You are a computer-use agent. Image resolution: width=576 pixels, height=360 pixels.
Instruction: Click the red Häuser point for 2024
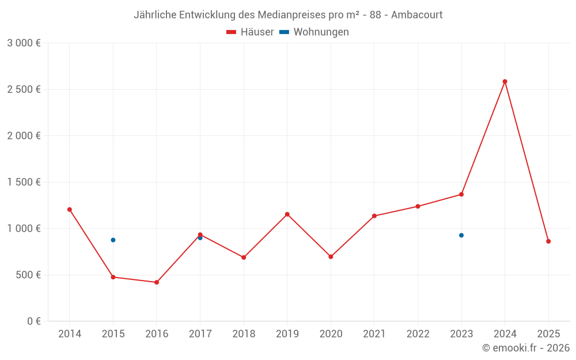click(505, 81)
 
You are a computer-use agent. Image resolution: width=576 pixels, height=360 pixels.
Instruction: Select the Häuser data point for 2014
click(70, 210)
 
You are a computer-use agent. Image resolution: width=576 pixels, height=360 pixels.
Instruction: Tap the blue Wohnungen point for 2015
click(113, 240)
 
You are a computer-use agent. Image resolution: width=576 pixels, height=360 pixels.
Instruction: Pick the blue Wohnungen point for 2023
click(461, 235)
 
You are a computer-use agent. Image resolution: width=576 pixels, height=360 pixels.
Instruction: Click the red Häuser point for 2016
click(157, 282)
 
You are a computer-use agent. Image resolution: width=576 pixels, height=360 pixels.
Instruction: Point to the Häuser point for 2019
click(287, 214)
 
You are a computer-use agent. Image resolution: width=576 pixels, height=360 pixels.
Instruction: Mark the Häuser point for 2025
click(548, 241)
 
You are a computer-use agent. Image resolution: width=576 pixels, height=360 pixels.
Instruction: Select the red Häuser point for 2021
click(374, 216)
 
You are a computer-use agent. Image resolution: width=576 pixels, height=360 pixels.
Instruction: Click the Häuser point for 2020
click(331, 256)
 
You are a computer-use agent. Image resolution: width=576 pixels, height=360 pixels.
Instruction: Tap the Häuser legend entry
click(250, 32)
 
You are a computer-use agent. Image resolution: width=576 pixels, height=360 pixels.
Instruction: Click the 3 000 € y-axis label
click(24, 43)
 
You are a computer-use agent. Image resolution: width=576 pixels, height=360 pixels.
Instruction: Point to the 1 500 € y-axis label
click(24, 182)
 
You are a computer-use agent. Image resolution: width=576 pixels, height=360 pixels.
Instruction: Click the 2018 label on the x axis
click(244, 334)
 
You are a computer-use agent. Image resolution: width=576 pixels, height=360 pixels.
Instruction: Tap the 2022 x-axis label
click(418, 334)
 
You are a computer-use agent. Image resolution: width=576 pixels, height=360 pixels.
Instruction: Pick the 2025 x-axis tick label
click(548, 334)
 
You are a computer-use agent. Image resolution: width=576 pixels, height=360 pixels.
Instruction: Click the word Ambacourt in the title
click(416, 14)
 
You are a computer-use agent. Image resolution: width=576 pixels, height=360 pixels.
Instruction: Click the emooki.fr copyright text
click(526, 348)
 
